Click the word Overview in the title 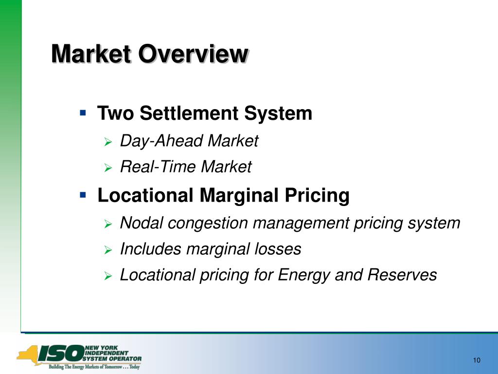[193, 54]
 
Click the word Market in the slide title [91, 54]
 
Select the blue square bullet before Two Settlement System [83, 112]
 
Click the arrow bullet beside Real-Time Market [108, 168]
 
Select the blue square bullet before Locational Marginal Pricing [83, 194]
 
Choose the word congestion [208, 224]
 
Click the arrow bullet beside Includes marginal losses [108, 250]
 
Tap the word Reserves [402, 275]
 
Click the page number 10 [477, 360]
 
